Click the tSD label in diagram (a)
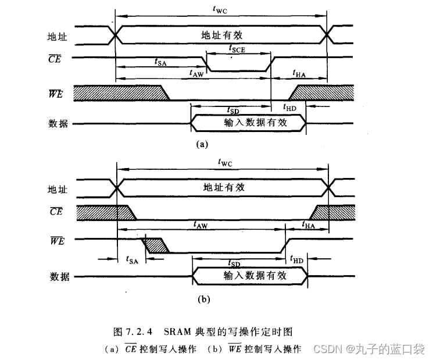point(231,109)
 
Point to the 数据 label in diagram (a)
point(57,124)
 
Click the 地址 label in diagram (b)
point(57,189)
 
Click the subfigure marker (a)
point(202,144)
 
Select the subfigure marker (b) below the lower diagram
point(203,300)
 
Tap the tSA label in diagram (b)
point(131,259)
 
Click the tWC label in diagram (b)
point(224,163)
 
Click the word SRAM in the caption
point(176,332)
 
